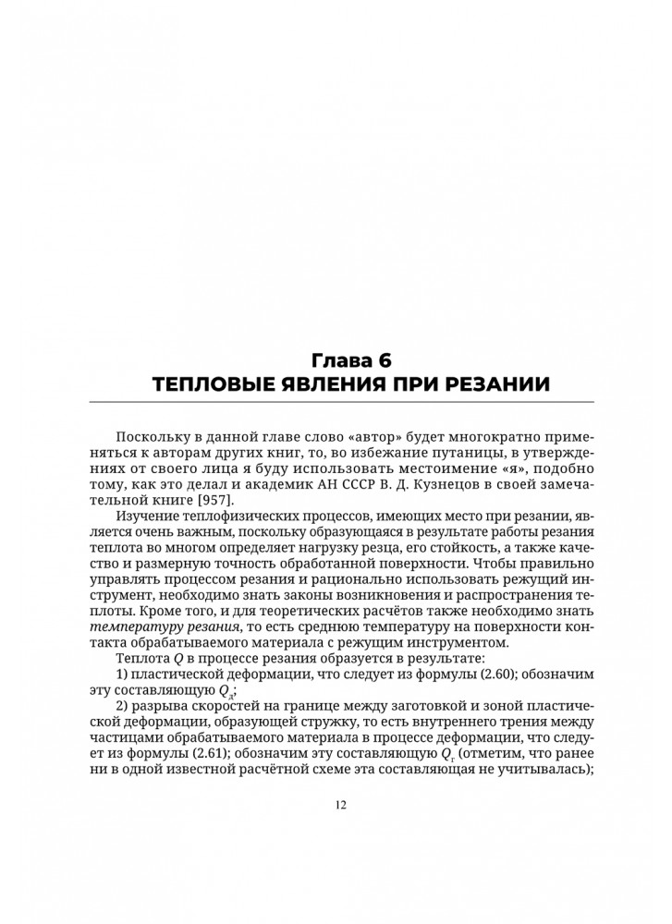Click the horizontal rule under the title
point(342,402)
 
